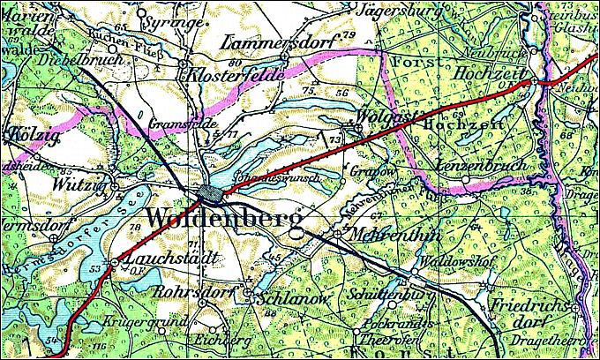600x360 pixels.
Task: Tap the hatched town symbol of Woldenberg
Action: click(x=211, y=193)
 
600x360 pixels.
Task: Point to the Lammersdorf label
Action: click(x=279, y=42)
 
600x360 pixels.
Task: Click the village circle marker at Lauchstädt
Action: click(x=115, y=262)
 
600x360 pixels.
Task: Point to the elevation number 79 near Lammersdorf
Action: click(x=349, y=34)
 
